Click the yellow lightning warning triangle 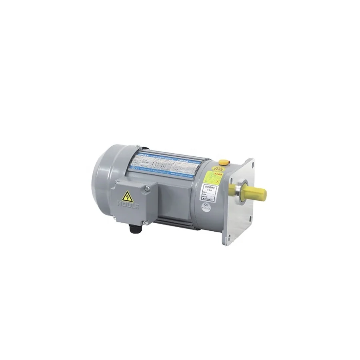(x=127, y=196)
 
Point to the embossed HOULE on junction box (x=128, y=206)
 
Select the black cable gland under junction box (x=133, y=228)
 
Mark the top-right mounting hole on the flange (x=252, y=164)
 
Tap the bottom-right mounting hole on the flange (x=250, y=218)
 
